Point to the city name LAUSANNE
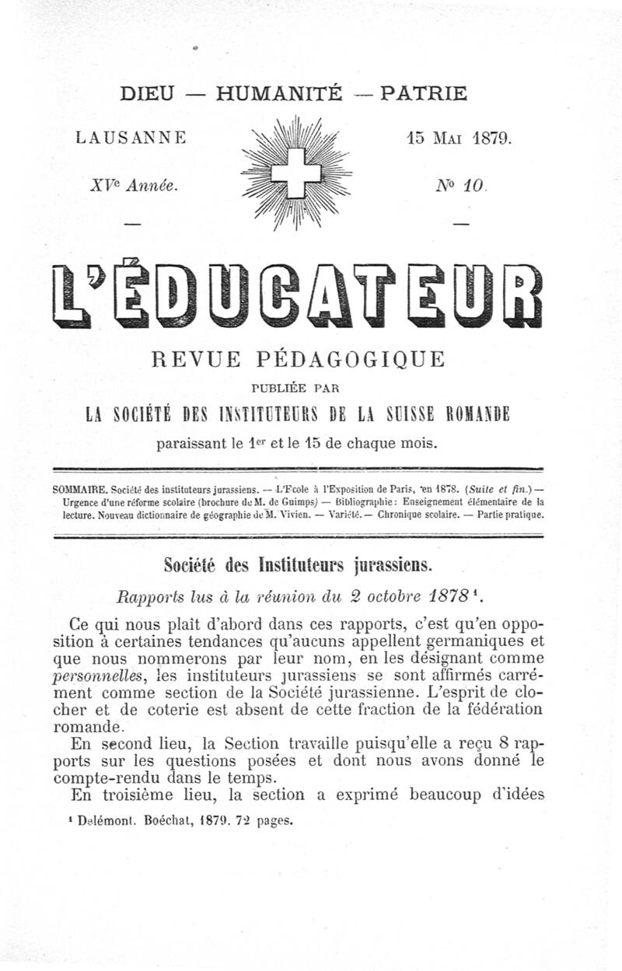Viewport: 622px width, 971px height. (x=131, y=138)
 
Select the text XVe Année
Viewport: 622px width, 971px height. (x=134, y=186)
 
